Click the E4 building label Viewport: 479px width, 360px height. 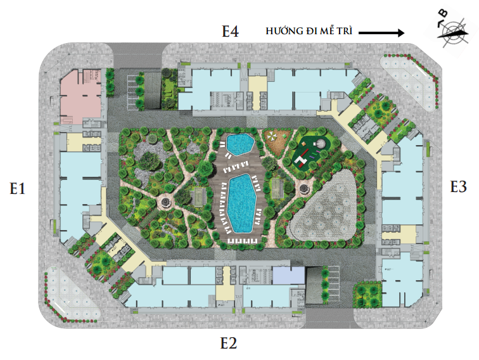click(230, 31)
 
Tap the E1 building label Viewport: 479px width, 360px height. click(17, 188)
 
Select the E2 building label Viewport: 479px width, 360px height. click(229, 343)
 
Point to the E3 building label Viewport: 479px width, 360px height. click(458, 186)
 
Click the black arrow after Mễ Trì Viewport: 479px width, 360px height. click(381, 32)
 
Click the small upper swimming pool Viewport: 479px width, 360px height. click(240, 144)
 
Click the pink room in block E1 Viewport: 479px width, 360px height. click(80, 97)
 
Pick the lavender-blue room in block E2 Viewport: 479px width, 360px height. click(289, 275)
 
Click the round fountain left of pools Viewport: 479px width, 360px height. click(165, 202)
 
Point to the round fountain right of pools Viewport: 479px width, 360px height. click(305, 189)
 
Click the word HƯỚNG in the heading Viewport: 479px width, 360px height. click(284, 30)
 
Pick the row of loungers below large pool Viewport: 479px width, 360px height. click(242, 241)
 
